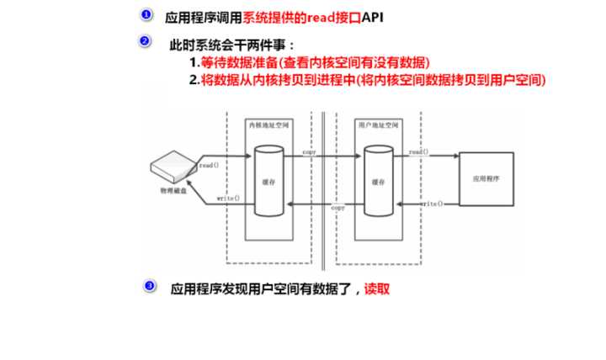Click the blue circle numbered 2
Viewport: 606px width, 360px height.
point(145,41)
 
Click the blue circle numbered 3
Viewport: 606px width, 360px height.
point(150,286)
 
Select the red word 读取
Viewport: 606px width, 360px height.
point(377,289)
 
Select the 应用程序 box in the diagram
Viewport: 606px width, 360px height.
point(486,179)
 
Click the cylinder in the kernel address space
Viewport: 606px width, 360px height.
point(265,178)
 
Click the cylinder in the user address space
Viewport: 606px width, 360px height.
point(375,178)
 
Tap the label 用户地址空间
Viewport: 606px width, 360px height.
point(375,124)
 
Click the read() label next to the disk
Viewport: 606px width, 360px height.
point(209,167)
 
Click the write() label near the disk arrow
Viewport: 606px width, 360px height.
point(227,199)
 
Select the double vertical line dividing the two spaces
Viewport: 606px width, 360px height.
point(324,185)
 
